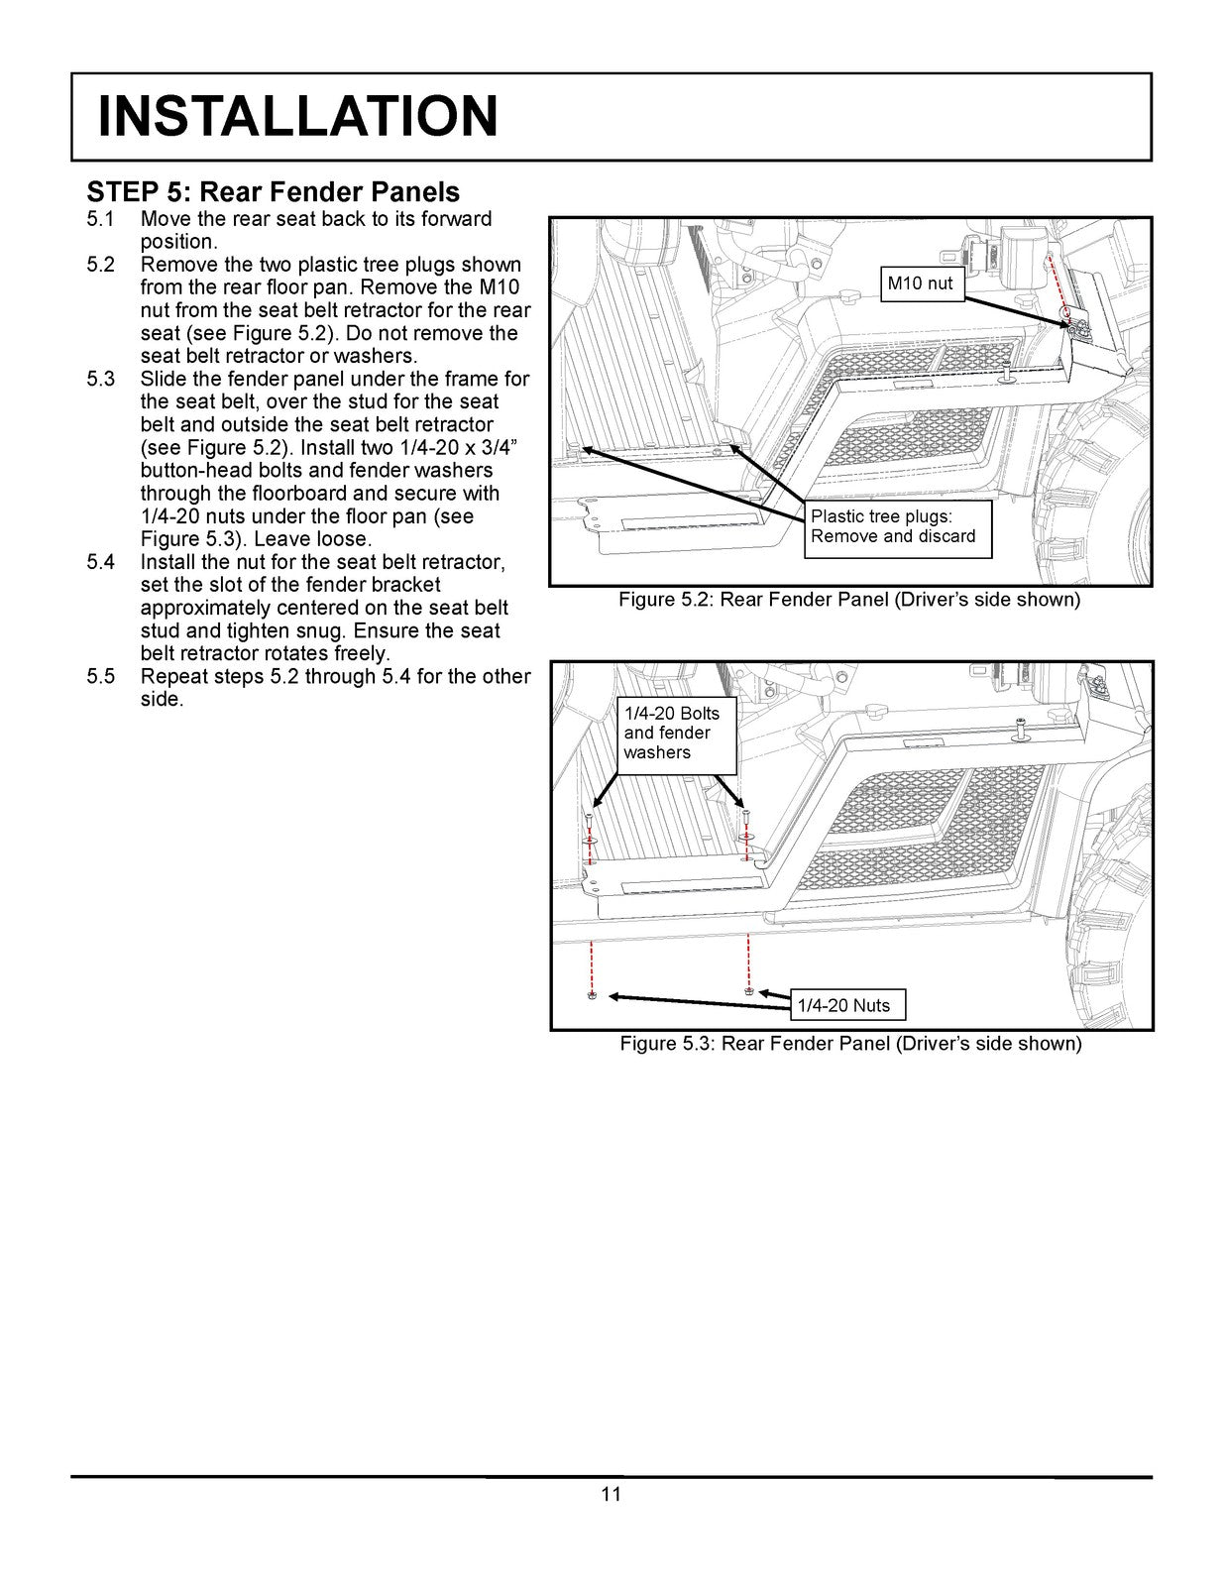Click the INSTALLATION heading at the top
tap(297, 116)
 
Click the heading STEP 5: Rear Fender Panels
tap(274, 191)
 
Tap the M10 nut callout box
tap(920, 283)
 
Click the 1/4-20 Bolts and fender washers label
tap(672, 733)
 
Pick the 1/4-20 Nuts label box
tap(843, 1005)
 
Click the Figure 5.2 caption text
tap(849, 600)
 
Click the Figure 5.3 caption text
tap(850, 1044)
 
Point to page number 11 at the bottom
tap(611, 1495)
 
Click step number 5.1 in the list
tap(101, 219)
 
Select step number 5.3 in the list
tap(101, 379)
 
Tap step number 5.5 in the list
tap(101, 676)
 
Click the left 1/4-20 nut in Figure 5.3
tap(592, 994)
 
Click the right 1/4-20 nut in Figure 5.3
tap(748, 990)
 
